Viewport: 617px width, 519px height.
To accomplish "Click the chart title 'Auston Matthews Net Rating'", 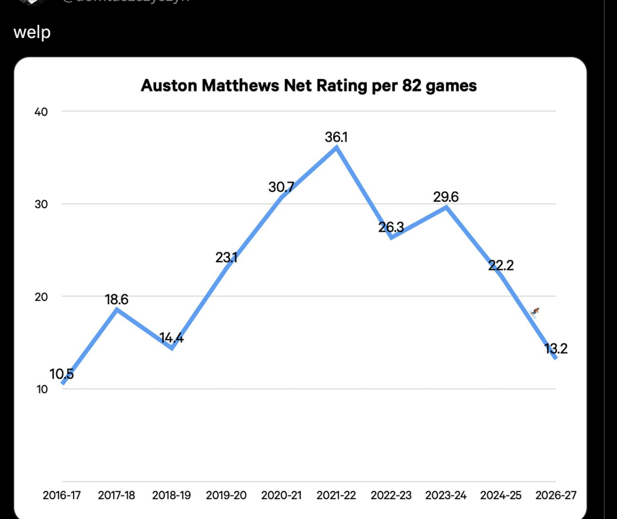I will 308,86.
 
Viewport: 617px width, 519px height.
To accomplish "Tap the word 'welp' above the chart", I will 32,32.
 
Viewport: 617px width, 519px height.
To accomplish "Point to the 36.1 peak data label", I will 336,137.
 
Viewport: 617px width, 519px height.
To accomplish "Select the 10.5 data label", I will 61,374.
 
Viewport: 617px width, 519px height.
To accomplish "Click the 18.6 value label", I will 117,300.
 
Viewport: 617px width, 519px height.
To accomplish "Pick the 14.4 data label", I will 172,338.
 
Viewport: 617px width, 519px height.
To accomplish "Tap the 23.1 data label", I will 226,257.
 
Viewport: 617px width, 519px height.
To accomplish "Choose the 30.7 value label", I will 281,187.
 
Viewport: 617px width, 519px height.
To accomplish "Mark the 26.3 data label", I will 391,227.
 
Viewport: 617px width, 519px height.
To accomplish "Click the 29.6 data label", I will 446,197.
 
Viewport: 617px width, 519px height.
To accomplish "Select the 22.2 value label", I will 501,265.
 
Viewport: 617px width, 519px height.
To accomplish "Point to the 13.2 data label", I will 556,349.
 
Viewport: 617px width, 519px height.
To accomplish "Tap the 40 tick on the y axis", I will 41,112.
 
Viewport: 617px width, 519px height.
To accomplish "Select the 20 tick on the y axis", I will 41,297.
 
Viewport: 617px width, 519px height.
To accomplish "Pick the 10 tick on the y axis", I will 41,390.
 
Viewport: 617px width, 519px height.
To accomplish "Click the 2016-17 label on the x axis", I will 62,495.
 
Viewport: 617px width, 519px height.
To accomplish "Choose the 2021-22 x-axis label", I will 336,495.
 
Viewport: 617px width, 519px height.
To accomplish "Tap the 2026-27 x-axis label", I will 556,495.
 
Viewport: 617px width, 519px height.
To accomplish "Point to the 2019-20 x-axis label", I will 226,495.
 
